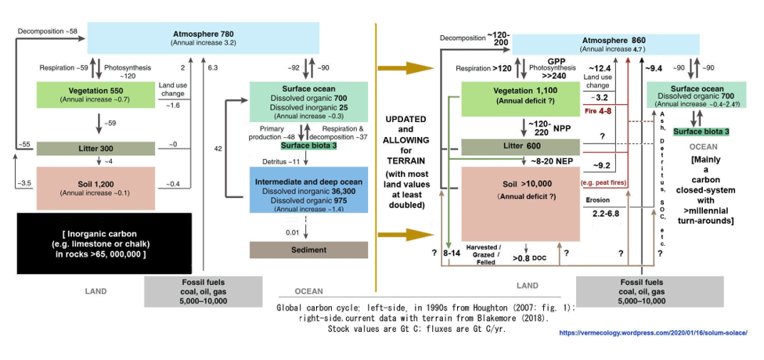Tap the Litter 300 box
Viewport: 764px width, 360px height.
click(x=99, y=148)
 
